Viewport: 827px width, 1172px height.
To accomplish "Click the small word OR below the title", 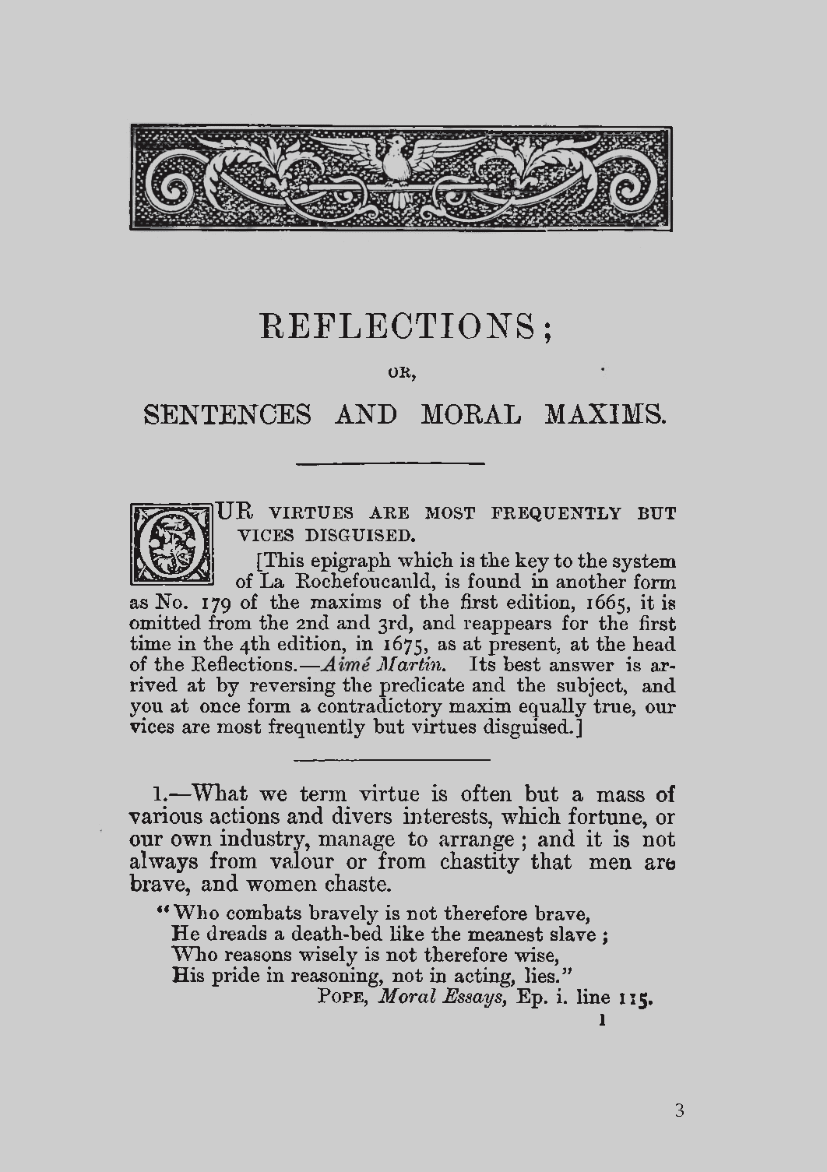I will (403, 373).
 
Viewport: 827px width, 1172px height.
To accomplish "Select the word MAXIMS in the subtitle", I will (605, 414).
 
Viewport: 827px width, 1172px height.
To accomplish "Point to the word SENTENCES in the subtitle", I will (227, 414).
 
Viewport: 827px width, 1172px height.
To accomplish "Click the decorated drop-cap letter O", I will (171, 544).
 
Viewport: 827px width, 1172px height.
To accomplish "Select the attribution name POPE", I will (343, 998).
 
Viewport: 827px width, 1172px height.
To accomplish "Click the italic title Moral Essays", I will (442, 998).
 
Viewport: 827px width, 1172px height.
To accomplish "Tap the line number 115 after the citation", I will (635, 998).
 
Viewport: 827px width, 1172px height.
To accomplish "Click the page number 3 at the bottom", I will (679, 1111).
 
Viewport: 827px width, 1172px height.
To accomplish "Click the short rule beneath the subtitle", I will (392, 463).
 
